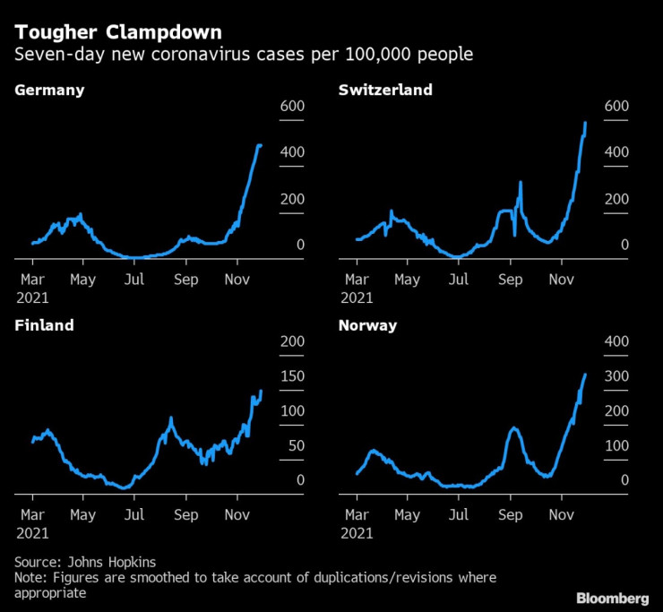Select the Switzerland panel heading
click(385, 90)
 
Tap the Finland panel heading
click(44, 325)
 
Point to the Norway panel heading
click(367, 325)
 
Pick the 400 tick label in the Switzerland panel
click(616, 152)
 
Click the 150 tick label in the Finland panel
click(292, 376)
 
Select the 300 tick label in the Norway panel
click(616, 376)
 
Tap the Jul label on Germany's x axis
click(134, 280)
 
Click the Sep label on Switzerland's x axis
click(510, 280)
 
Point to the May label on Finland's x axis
click(82, 515)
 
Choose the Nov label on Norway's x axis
click(562, 515)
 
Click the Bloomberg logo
click(613, 597)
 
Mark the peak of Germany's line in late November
click(260, 145)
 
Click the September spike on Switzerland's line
click(521, 183)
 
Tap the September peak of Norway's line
click(513, 428)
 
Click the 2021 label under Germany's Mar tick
click(32, 297)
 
